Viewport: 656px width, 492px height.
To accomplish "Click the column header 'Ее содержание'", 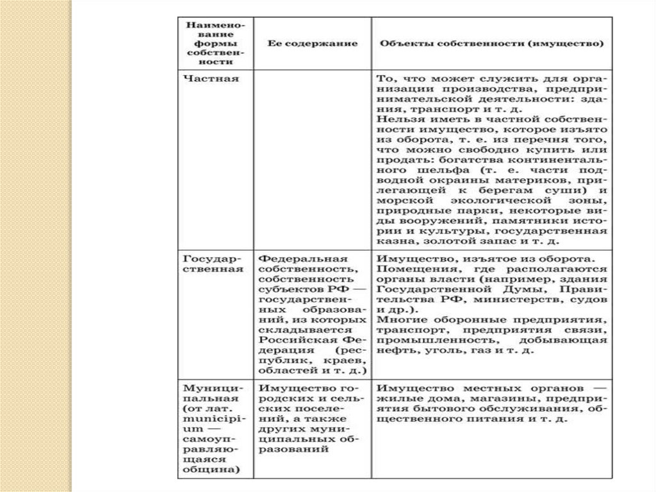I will click(x=312, y=45).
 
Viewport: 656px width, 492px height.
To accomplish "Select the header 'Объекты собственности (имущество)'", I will click(x=491, y=45).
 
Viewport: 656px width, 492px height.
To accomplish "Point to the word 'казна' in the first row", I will click(x=391, y=242).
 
